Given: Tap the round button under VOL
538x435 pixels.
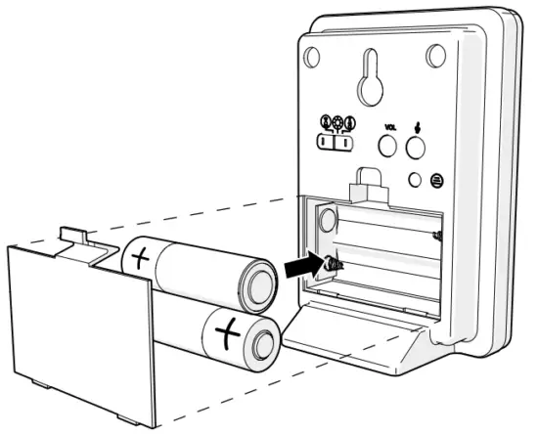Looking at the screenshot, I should [x=388, y=146].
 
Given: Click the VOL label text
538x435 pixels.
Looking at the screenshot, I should [x=389, y=128].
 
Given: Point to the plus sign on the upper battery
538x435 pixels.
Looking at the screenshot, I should [x=141, y=260].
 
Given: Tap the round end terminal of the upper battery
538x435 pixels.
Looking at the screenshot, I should [x=258, y=284].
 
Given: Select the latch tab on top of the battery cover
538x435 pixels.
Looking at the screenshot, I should [x=74, y=236].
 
